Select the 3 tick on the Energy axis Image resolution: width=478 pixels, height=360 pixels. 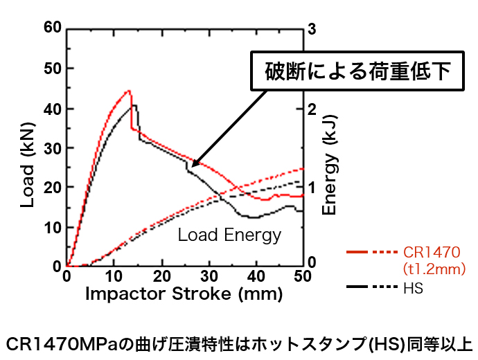coord(312,28)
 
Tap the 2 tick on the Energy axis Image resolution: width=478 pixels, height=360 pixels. coord(312,109)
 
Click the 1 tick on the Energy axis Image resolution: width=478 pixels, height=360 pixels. coord(312,188)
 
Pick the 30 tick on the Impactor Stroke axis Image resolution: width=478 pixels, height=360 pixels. coord(209,276)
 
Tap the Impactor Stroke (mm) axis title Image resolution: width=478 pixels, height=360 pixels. coord(184,294)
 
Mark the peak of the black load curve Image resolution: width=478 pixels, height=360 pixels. coord(134,105)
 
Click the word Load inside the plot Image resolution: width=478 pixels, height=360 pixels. coord(198,235)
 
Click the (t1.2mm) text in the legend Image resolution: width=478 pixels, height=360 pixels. coord(434,268)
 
